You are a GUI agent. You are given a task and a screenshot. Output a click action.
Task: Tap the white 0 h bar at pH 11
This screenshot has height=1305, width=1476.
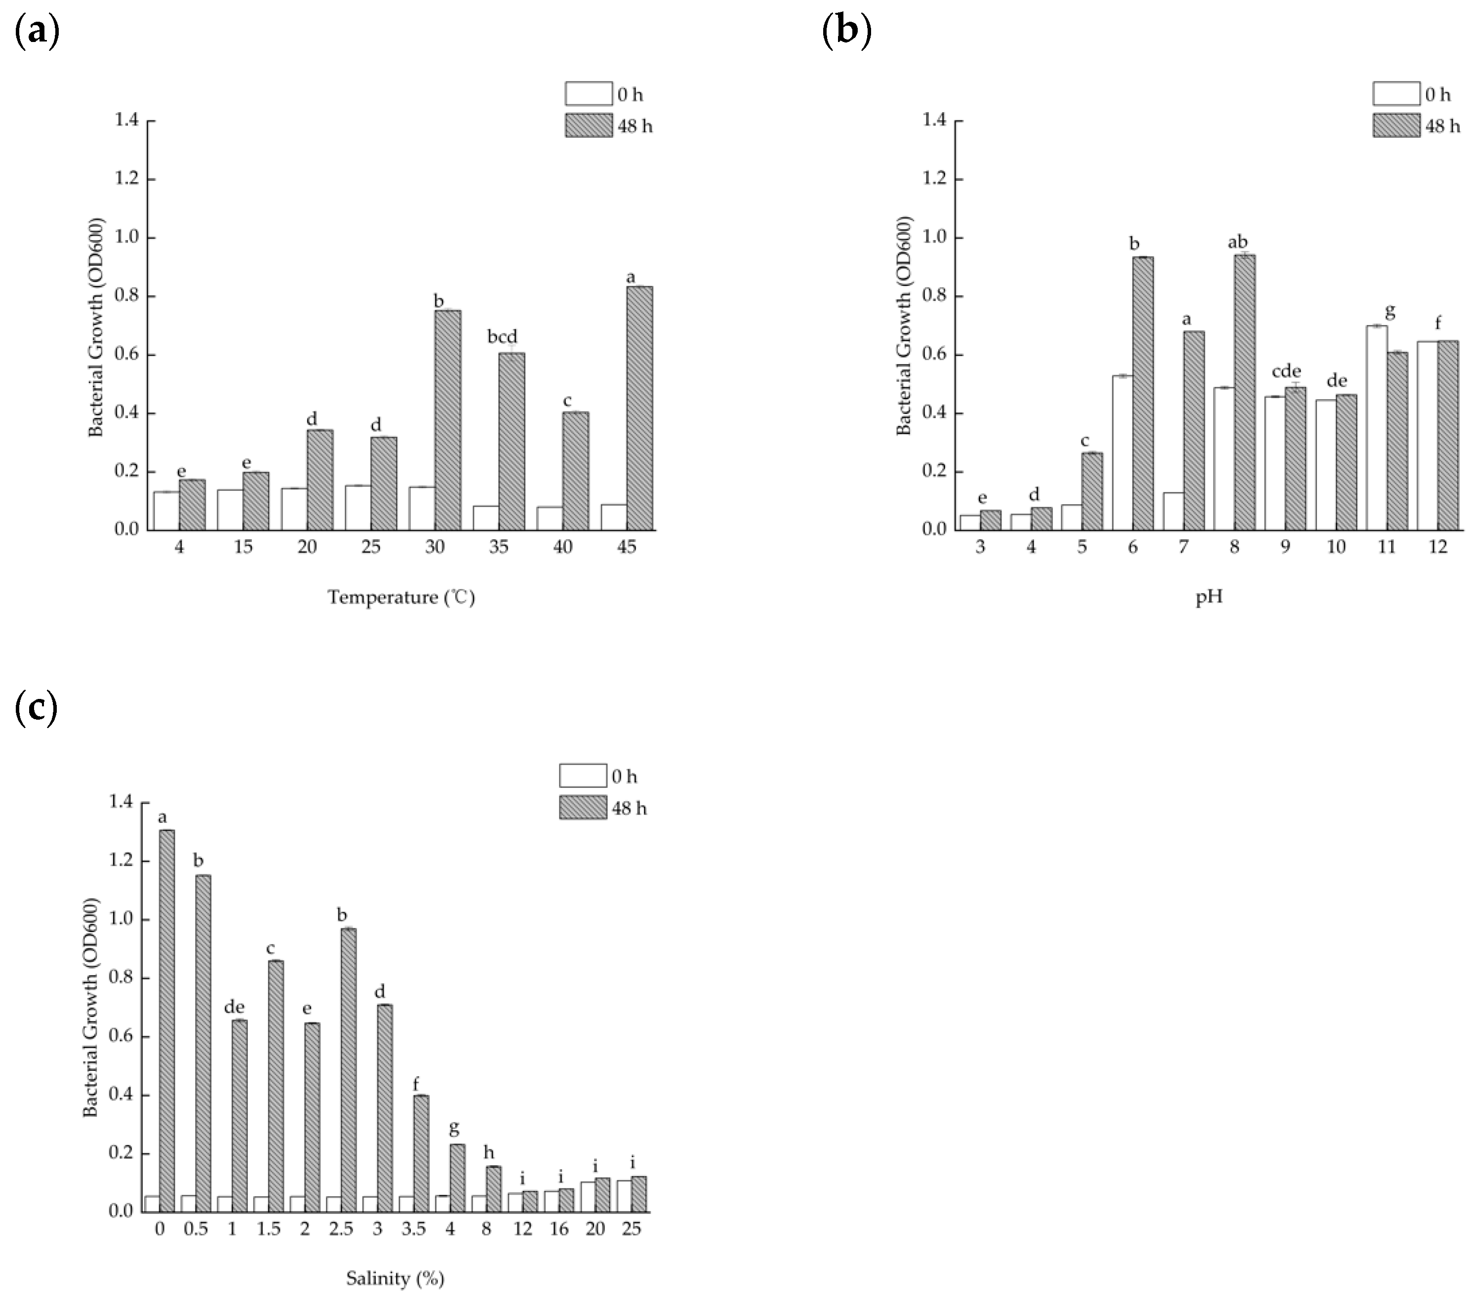(x=1376, y=428)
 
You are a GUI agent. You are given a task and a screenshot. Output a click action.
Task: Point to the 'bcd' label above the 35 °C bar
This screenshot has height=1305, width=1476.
(x=503, y=336)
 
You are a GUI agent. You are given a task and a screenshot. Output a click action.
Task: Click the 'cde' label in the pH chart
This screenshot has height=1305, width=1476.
(x=1286, y=371)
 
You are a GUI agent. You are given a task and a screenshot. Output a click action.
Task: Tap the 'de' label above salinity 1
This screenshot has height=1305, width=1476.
(x=234, y=1007)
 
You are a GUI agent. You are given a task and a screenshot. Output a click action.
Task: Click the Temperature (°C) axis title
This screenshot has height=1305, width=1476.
(x=401, y=597)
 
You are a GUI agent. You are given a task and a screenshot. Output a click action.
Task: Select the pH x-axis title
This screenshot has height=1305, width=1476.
(x=1209, y=597)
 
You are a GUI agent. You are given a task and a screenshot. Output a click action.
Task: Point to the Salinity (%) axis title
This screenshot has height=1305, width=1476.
(x=395, y=1278)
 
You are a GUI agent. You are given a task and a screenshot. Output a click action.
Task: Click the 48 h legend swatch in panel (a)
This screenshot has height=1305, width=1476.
(x=589, y=125)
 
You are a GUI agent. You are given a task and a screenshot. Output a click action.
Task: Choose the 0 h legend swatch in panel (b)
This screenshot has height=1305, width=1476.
(x=1396, y=94)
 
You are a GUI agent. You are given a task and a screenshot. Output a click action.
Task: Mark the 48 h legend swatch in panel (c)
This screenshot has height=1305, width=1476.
(x=583, y=808)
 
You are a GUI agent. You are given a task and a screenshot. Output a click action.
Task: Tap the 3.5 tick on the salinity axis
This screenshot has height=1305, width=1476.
(x=414, y=1228)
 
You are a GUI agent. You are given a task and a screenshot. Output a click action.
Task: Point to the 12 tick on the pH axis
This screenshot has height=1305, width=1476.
(x=1437, y=547)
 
